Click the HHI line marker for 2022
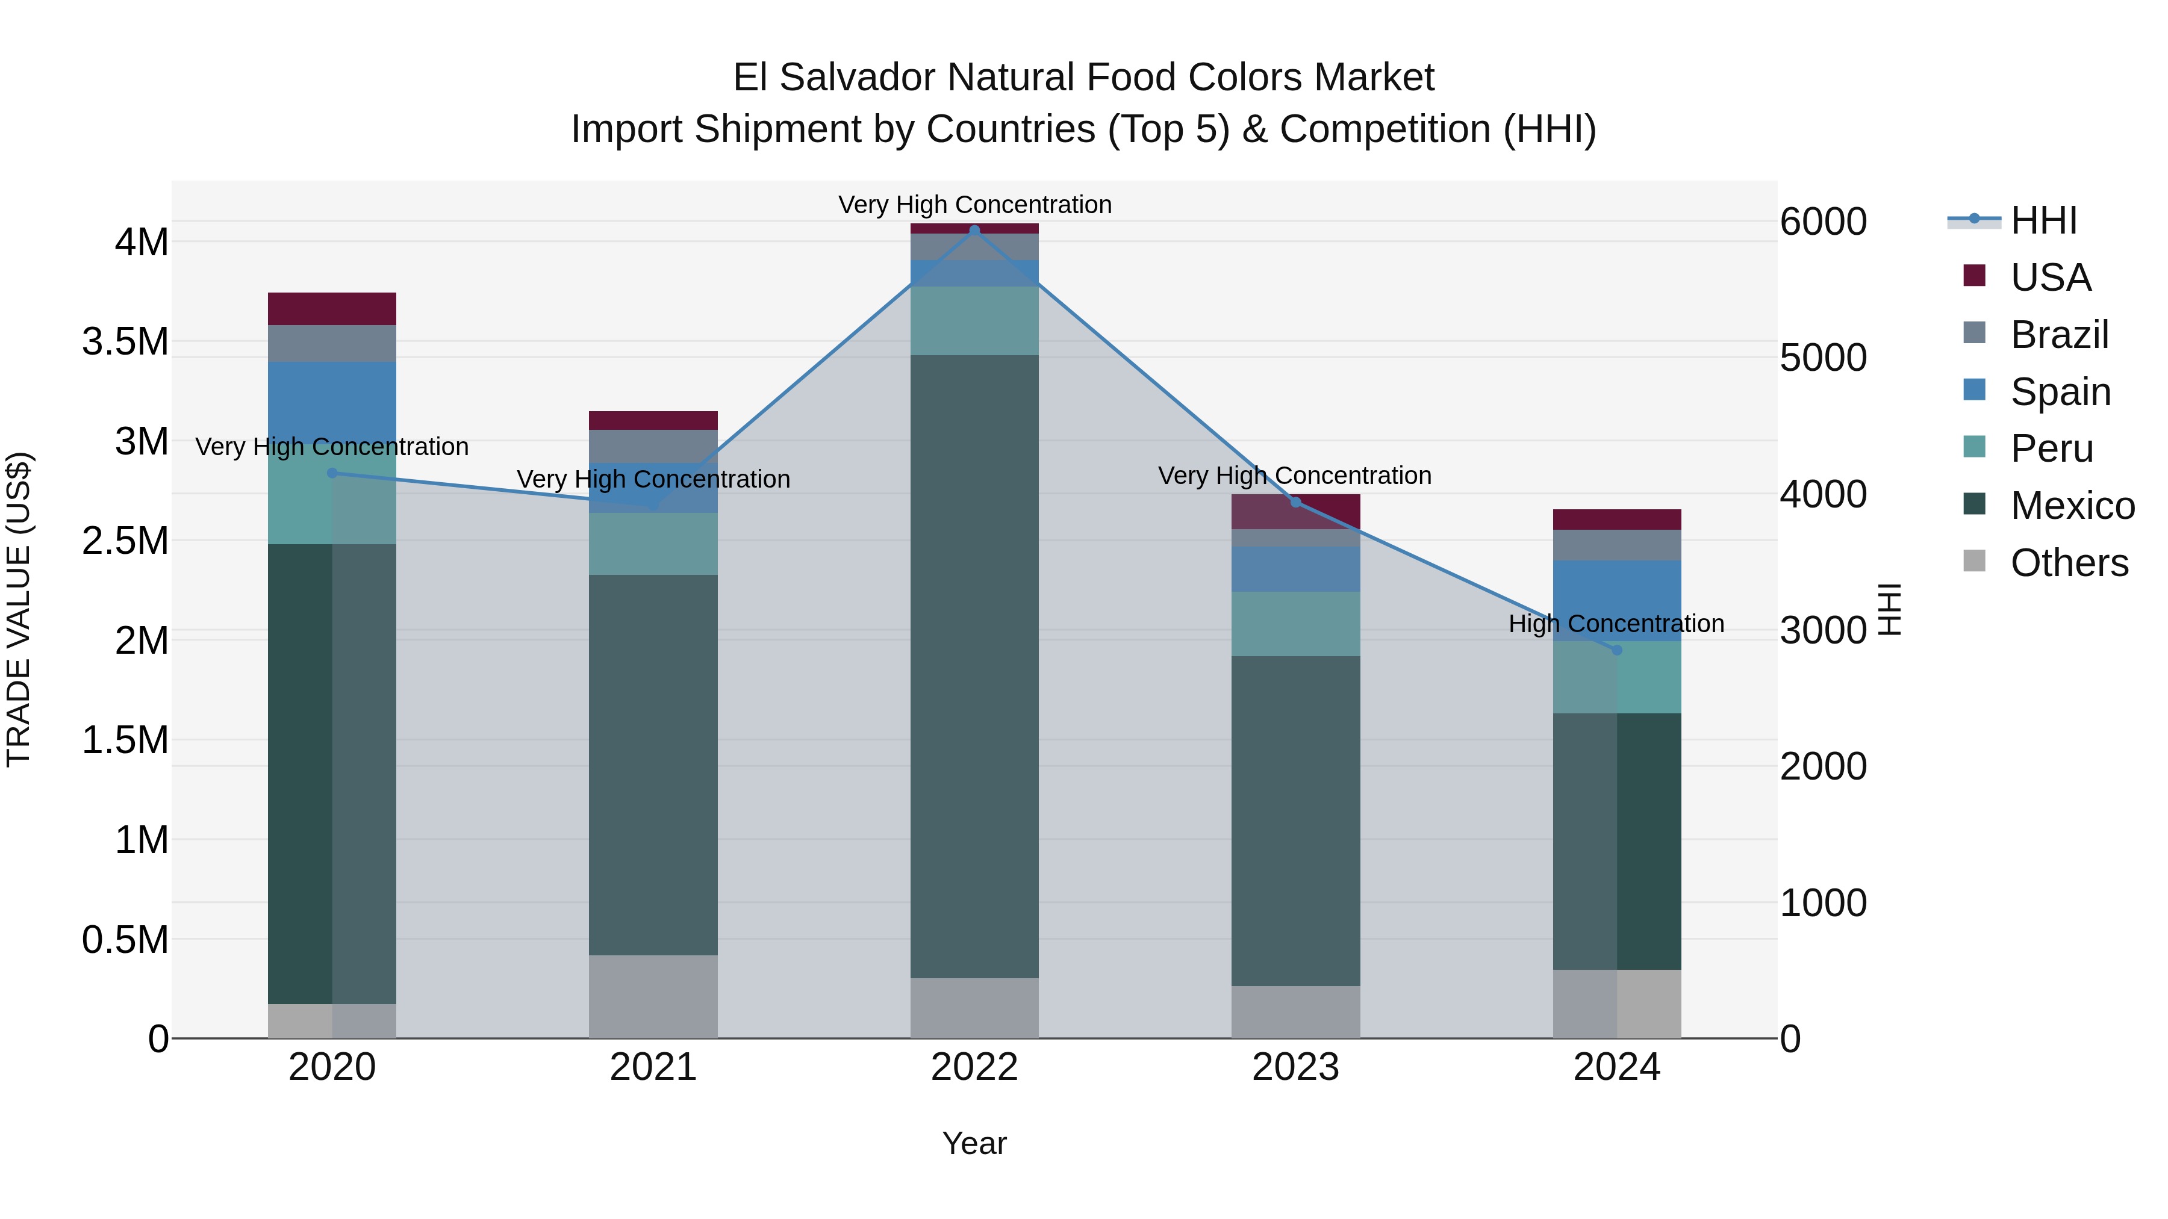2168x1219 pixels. tap(974, 231)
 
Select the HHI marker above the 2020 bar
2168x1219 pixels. tap(332, 473)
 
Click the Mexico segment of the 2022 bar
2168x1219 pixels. tap(974, 665)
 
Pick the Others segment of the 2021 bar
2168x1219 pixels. tap(653, 996)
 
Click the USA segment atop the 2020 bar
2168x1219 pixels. tap(332, 309)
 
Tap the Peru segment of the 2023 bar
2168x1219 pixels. tap(1295, 624)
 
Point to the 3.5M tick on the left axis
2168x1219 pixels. tap(125, 341)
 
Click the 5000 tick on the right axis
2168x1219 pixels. tap(1823, 358)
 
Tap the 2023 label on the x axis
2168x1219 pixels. tap(1295, 1067)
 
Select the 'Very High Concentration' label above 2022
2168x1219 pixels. tap(974, 205)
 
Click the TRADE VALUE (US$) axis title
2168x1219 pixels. tap(19, 609)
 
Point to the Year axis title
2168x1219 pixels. tap(974, 1143)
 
